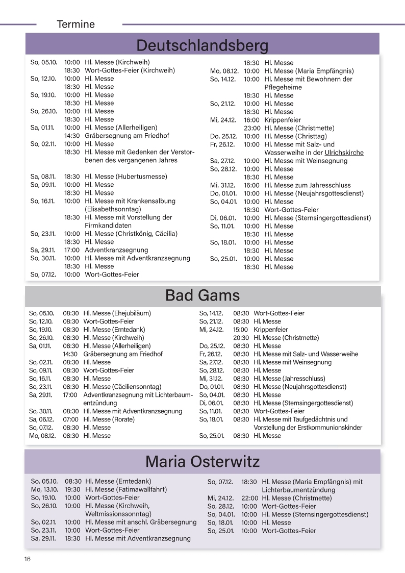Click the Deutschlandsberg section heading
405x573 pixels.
click(x=202, y=45)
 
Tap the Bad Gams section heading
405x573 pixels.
click(x=202, y=295)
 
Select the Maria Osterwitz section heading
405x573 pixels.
click(x=202, y=462)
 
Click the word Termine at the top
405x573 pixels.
click(x=76, y=24)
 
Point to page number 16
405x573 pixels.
click(x=27, y=559)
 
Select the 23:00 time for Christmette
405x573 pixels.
click(x=252, y=128)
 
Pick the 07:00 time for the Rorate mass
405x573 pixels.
click(x=71, y=419)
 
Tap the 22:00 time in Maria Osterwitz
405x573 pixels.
click(x=249, y=498)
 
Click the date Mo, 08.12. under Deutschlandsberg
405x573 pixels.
click(x=224, y=71)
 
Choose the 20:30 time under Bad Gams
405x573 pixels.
click(x=241, y=338)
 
